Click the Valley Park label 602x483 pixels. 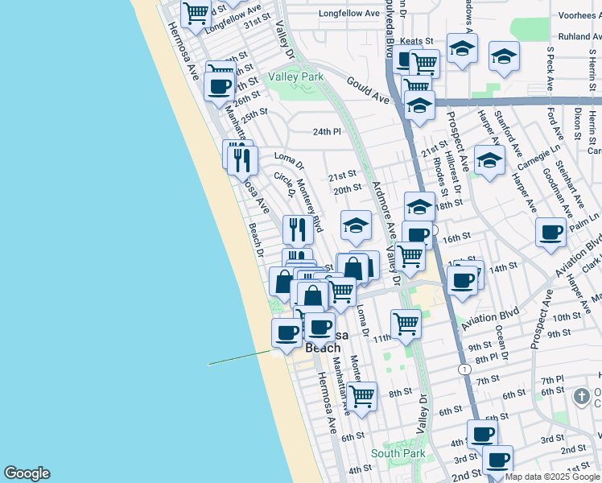tap(295, 76)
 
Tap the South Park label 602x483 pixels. tap(398, 453)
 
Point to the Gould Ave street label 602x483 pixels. tap(369, 89)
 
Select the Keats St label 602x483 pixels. tap(417, 40)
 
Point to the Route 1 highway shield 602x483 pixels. tap(464, 369)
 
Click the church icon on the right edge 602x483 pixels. tap(582, 396)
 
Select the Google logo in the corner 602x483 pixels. tap(27, 473)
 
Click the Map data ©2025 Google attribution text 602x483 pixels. tap(552, 477)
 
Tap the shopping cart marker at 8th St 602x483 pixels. tap(362, 395)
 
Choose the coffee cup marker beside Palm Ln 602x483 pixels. tap(551, 232)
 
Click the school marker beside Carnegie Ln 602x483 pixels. tap(489, 159)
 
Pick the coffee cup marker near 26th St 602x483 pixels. tap(219, 85)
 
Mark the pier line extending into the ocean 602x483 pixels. tap(241, 357)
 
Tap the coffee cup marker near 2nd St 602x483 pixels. tap(497, 460)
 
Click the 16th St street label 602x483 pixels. tap(456, 238)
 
